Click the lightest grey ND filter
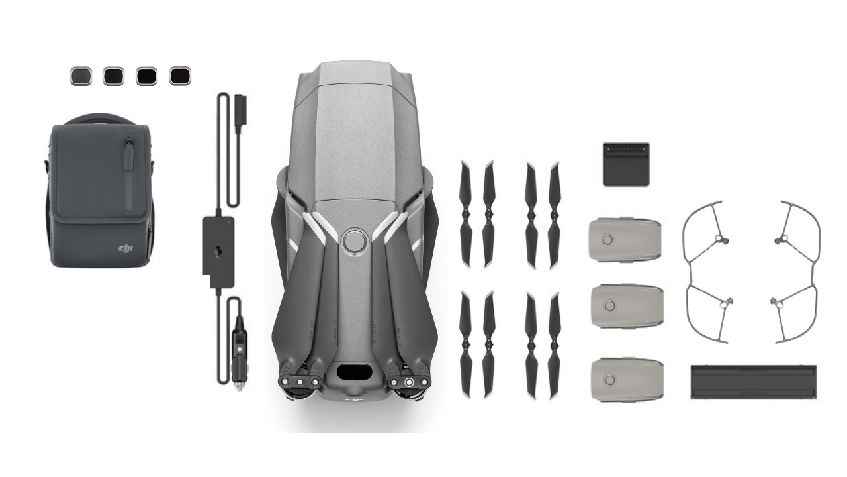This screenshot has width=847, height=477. (80, 76)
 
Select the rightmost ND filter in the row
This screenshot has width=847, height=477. (180, 76)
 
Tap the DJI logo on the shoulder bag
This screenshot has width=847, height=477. (125, 248)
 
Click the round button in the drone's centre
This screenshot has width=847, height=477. (355, 240)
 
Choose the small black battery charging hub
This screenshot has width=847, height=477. (626, 164)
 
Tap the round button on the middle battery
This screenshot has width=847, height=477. (609, 305)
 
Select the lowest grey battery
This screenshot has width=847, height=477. (626, 380)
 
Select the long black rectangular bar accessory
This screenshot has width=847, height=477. (753, 382)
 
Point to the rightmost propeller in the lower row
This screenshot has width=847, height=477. (554, 345)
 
